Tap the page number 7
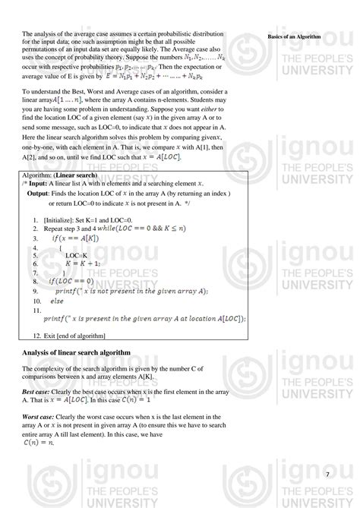click(x=327, y=475)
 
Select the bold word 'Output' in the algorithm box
click(x=39, y=194)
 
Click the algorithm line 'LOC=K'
click(x=76, y=255)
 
